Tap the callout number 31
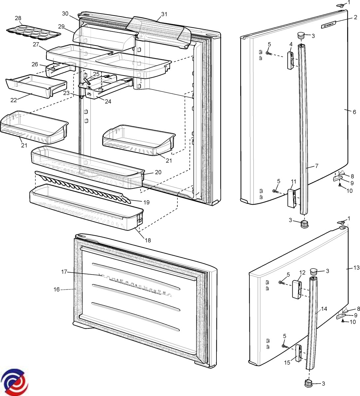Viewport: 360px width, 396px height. click(x=164, y=14)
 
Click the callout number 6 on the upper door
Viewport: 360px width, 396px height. click(x=354, y=112)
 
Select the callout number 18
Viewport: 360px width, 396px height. click(x=148, y=240)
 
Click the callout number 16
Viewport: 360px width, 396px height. click(x=57, y=289)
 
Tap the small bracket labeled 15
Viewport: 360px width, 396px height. click(x=298, y=353)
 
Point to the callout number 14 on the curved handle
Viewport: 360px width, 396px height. click(x=324, y=309)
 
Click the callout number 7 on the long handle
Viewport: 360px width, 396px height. click(x=316, y=166)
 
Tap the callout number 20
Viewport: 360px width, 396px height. click(x=158, y=172)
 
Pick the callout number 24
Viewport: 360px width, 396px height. click(x=108, y=101)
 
